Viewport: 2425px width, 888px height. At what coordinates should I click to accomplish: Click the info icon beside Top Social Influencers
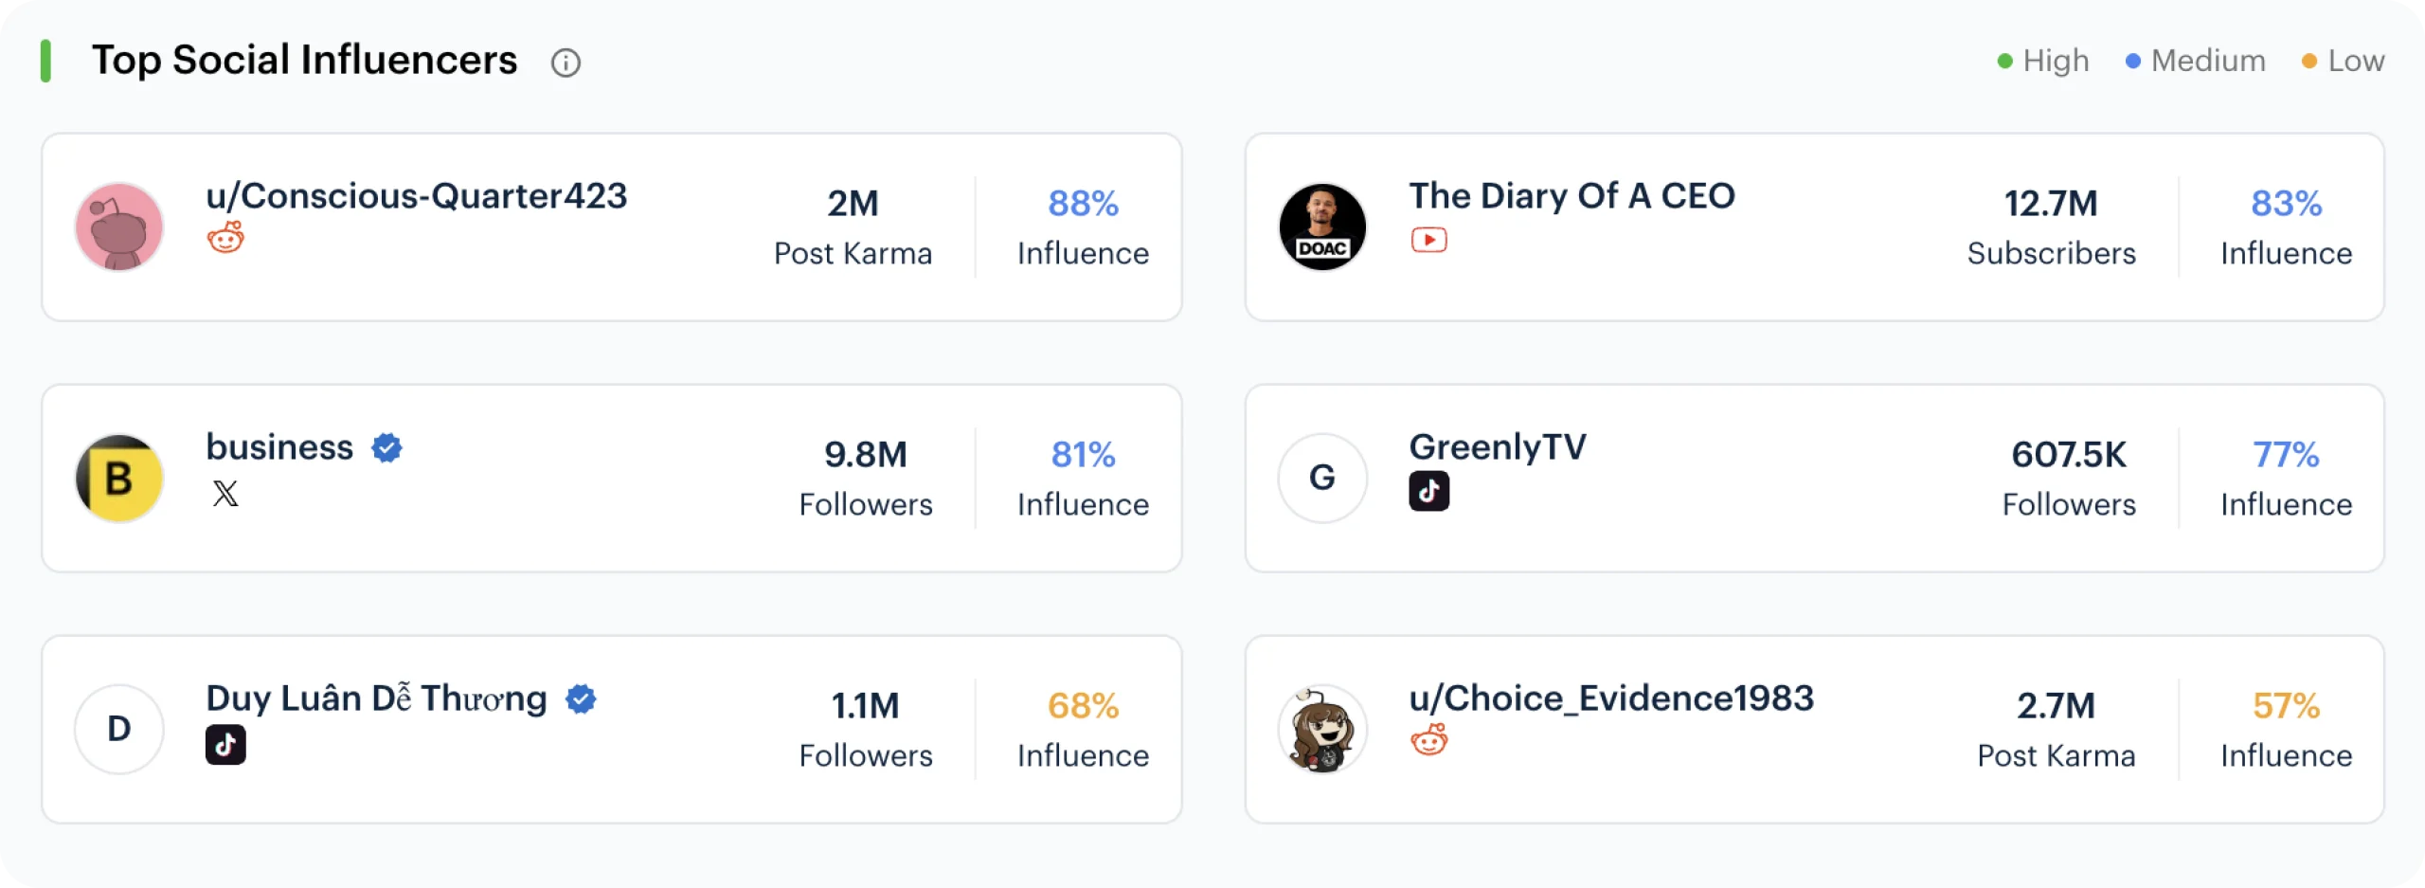[566, 63]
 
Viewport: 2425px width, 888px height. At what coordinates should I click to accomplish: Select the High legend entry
[2043, 61]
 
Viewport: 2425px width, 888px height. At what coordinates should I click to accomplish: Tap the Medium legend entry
[2196, 61]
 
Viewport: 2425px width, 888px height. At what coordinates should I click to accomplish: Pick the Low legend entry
[2343, 61]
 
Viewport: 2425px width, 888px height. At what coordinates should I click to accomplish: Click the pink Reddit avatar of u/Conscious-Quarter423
[119, 227]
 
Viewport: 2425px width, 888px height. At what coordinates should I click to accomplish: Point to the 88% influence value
[1083, 204]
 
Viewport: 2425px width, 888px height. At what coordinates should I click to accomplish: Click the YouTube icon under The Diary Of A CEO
[1428, 240]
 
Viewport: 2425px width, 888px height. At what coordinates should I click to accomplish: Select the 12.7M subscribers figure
[2051, 204]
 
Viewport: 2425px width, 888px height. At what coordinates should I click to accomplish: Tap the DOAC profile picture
[1322, 227]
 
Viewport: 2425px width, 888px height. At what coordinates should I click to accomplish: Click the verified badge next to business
[386, 447]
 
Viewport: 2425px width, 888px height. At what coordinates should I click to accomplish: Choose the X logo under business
[225, 493]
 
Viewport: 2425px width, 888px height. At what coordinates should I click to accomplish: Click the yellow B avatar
[119, 479]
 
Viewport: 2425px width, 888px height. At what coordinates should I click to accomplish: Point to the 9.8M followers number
[865, 455]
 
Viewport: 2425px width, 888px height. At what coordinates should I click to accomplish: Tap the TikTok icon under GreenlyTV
[1428, 491]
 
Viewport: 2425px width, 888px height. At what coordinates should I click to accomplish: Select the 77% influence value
[2286, 455]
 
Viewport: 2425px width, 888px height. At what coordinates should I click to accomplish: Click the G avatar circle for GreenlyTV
[1322, 479]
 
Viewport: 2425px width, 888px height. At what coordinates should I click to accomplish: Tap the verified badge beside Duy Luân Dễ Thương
[581, 699]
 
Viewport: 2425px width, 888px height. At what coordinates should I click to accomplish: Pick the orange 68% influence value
[1083, 706]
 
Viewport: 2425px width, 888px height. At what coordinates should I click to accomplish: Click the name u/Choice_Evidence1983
[1611, 698]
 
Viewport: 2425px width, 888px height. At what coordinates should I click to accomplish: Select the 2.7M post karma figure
[2056, 706]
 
